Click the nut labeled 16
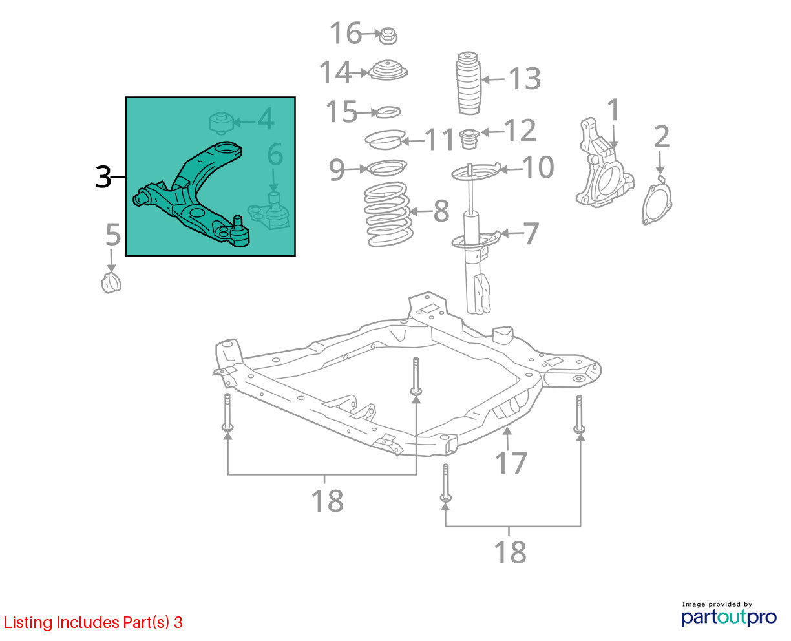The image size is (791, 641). tap(388, 36)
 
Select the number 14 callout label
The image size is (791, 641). tap(335, 72)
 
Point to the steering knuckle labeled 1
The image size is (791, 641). tap(604, 163)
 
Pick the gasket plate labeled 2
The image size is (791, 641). tap(657, 201)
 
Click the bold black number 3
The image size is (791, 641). tap(103, 177)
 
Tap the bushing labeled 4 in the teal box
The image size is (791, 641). tap(221, 123)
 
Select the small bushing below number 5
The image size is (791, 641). tap(111, 282)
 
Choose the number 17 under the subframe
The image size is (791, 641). tap(511, 463)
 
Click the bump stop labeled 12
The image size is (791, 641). tap(469, 139)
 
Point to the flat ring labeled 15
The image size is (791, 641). tap(388, 112)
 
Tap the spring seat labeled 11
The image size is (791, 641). tap(385, 140)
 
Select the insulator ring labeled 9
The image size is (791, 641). tap(386, 168)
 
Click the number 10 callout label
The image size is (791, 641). tap(538, 167)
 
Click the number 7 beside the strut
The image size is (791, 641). tap(531, 233)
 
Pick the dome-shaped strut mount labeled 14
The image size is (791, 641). tap(388, 70)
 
